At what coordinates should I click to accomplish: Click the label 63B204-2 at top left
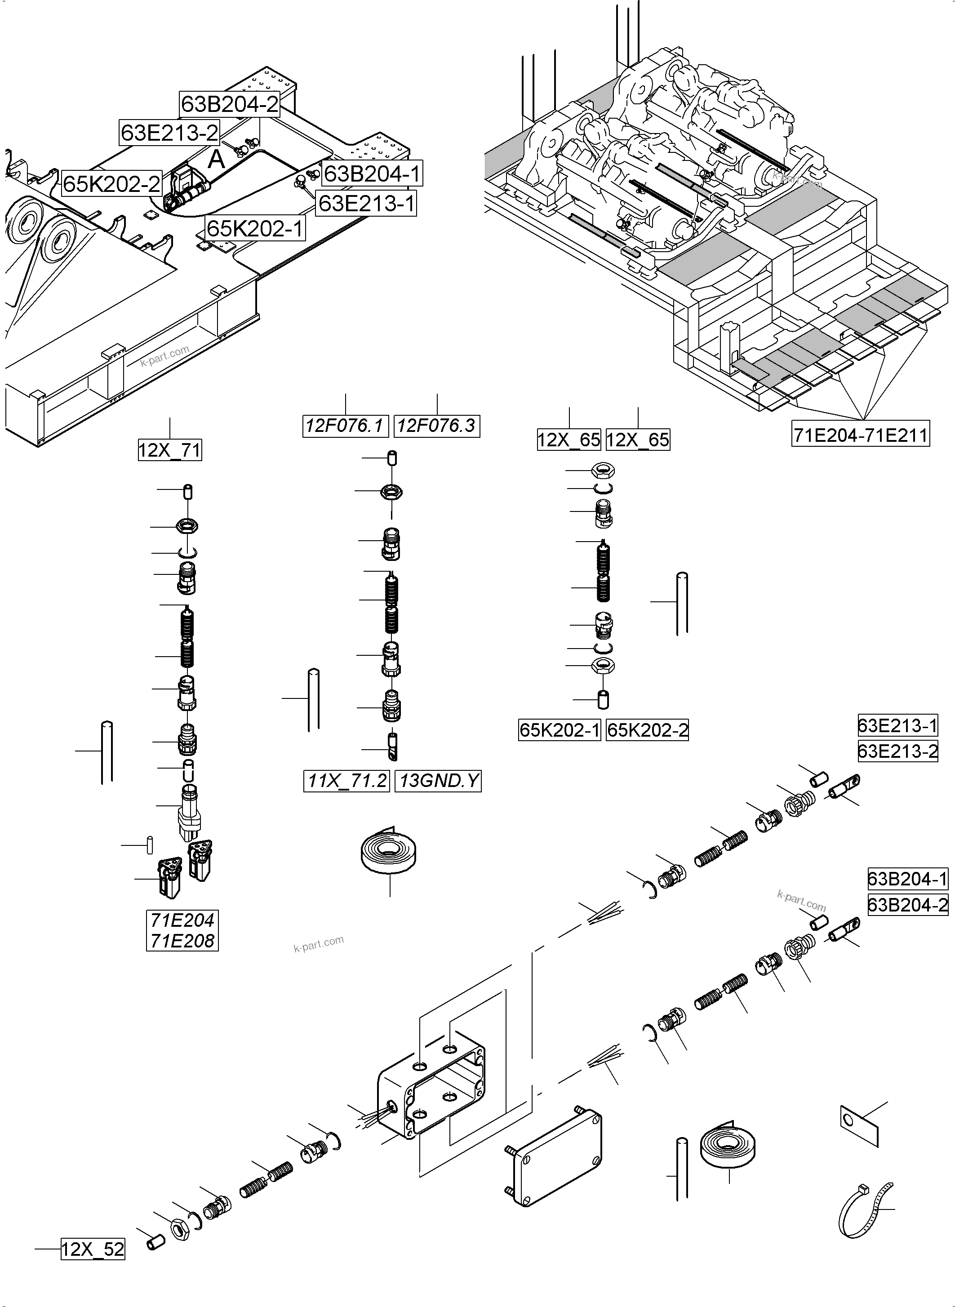click(230, 105)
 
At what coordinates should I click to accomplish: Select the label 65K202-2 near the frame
click(111, 184)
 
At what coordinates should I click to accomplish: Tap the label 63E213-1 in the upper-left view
click(367, 204)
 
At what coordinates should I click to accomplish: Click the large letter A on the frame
click(216, 159)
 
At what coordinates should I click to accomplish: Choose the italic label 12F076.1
click(345, 426)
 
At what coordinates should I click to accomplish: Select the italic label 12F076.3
click(437, 426)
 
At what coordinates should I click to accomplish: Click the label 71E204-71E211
click(860, 435)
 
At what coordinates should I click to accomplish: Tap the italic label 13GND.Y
click(438, 781)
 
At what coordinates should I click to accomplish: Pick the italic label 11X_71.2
click(346, 781)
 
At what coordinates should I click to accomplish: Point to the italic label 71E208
click(182, 941)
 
